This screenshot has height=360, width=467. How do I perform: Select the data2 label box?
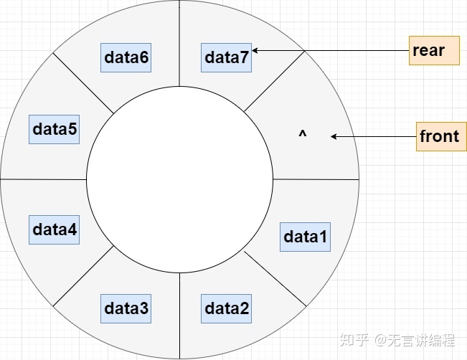pos(227,308)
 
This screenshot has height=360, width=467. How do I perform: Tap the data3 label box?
pos(126,308)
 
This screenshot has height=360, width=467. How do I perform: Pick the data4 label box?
pos(55,230)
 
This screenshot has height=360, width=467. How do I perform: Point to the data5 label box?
pos(55,129)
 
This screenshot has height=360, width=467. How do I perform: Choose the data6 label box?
pos(126,58)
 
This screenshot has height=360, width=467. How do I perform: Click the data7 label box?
pos(227,58)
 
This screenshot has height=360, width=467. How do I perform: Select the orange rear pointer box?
pos(434,51)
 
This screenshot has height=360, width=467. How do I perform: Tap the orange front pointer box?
pos(440,136)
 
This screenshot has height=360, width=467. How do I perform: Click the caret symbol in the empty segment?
pos(302,134)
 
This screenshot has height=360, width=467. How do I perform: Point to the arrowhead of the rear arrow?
pos(255,51)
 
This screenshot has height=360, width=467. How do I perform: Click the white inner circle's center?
pos(179,180)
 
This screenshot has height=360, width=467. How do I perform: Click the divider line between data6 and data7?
pos(179,43)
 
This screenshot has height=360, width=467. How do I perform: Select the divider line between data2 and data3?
pos(179,316)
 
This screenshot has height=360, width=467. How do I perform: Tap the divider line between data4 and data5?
pos(43,179)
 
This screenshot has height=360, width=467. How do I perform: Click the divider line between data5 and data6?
pos(83,83)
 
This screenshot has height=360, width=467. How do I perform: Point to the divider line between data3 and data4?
pos(83,276)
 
